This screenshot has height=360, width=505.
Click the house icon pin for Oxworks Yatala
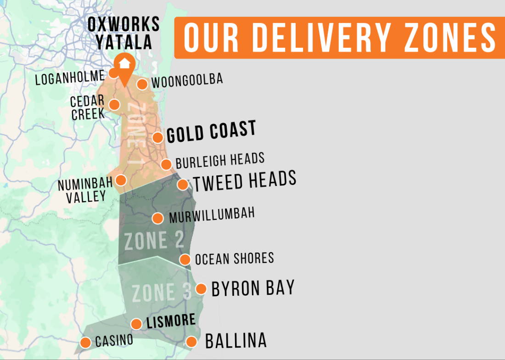pyautogui.click(x=124, y=65)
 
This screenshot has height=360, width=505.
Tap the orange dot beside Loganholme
pyautogui.click(x=113, y=73)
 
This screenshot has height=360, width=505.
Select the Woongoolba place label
pyautogui.click(x=187, y=81)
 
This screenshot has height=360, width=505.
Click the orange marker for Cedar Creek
pyautogui.click(x=114, y=105)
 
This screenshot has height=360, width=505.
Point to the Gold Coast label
pyautogui.click(x=211, y=132)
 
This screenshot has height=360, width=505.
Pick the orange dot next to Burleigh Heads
pyautogui.click(x=166, y=165)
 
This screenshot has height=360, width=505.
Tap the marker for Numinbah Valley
pyautogui.click(x=121, y=180)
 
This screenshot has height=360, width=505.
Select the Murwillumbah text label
pyautogui.click(x=212, y=215)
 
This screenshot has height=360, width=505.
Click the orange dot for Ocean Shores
pyautogui.click(x=185, y=259)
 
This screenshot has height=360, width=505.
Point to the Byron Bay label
pyautogui.click(x=253, y=288)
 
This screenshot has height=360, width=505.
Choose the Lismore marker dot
pyautogui.click(x=136, y=324)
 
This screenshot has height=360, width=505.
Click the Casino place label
pyautogui.click(x=114, y=341)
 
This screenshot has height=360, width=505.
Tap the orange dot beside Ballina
pyautogui.click(x=191, y=342)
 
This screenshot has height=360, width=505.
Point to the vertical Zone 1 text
pyautogui.click(x=135, y=133)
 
